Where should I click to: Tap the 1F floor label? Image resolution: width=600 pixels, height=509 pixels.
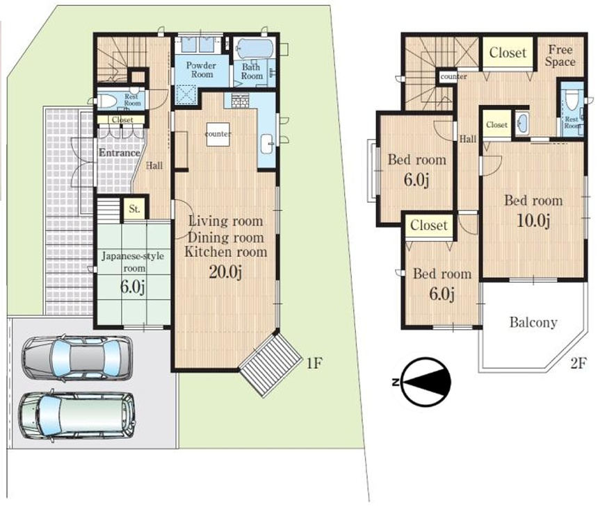tap(314, 362)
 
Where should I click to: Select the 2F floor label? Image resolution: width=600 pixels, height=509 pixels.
tap(578, 362)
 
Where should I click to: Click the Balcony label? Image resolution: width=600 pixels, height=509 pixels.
tap(533, 322)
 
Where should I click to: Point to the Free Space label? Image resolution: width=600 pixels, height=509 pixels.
tap(560, 56)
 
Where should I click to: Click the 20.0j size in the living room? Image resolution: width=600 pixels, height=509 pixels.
tap(225, 272)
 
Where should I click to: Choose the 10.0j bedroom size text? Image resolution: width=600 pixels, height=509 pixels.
tap(533, 221)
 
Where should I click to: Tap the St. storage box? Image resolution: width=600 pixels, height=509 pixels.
tap(134, 209)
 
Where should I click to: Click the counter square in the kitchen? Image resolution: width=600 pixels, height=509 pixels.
tap(218, 134)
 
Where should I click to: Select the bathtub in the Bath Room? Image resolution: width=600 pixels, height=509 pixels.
tap(254, 49)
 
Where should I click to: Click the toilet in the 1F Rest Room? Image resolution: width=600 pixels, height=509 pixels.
tap(107, 101)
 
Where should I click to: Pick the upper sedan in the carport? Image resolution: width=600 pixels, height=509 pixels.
tap(77, 359)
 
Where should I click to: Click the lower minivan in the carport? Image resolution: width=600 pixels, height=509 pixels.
tap(77, 416)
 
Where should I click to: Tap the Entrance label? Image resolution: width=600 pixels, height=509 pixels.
tap(120, 153)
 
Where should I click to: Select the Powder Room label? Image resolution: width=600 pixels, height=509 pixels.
tap(202, 70)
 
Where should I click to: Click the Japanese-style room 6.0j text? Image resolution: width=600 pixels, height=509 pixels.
tap(132, 286)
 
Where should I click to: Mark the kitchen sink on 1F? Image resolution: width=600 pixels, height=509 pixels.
tap(266, 144)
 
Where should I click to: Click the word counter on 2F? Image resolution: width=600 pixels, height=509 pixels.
tap(453, 76)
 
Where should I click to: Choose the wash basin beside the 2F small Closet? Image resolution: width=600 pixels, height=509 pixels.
tap(522, 123)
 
